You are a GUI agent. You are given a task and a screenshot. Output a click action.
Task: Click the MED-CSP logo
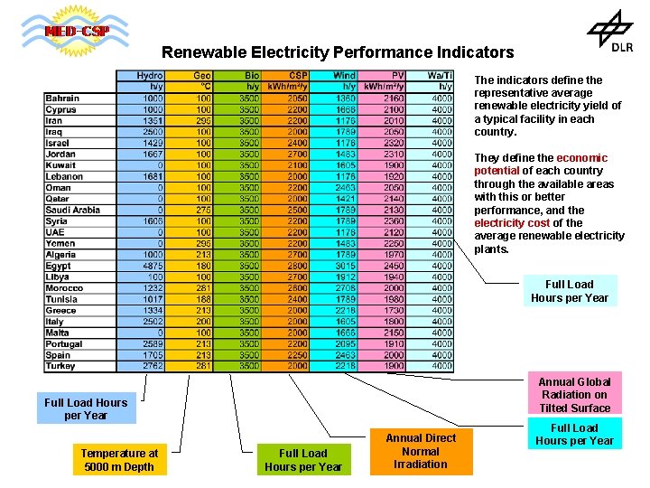click(77, 33)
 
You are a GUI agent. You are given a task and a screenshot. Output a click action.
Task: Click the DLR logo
click(610, 33)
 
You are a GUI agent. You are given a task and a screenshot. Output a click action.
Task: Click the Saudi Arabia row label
click(73, 210)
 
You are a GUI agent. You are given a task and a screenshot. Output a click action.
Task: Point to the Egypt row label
click(59, 266)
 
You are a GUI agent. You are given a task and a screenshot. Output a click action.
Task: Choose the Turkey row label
click(61, 366)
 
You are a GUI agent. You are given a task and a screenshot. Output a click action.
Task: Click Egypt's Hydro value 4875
click(152, 266)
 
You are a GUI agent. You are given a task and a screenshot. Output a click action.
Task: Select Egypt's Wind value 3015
click(345, 266)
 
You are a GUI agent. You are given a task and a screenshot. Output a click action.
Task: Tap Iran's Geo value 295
click(203, 120)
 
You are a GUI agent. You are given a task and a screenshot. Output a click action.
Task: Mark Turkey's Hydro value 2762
click(152, 366)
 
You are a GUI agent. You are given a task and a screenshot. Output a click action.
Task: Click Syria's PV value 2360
click(394, 221)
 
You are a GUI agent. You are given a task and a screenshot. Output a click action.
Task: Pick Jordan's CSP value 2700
click(298, 154)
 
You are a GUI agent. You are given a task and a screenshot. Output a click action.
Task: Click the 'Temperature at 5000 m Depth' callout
click(119, 460)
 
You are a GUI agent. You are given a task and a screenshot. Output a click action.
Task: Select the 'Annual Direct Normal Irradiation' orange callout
click(421, 451)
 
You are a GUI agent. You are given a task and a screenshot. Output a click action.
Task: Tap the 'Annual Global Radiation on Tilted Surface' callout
click(575, 395)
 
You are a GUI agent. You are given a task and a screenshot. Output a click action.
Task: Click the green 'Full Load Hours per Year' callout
click(303, 460)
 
